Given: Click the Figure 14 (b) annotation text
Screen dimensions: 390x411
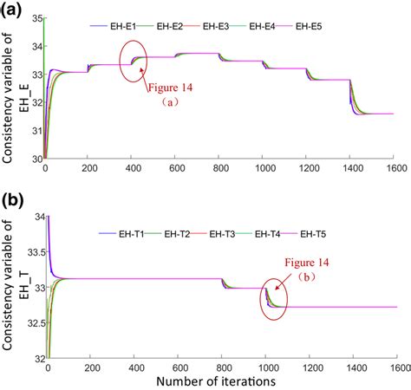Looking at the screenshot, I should pyautogui.click(x=307, y=269).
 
